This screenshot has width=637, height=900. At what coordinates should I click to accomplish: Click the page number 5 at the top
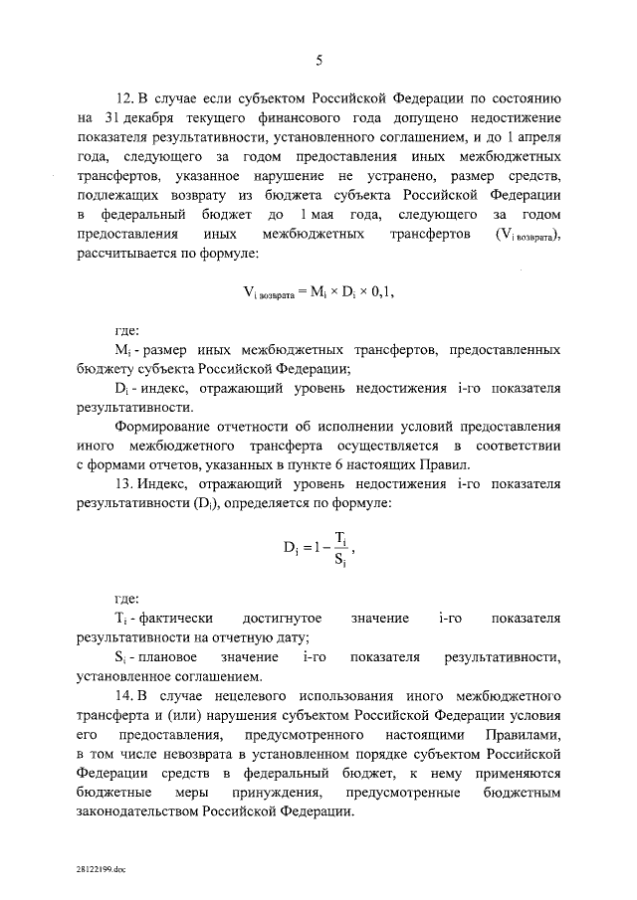point(318,61)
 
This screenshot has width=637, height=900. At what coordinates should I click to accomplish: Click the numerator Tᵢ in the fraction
point(341,538)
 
